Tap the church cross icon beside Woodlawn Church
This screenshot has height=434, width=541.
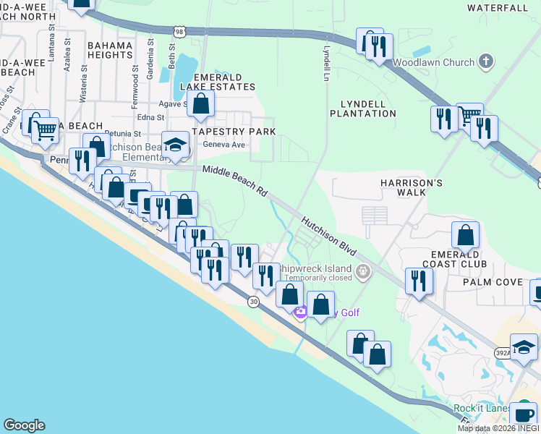tap(487, 61)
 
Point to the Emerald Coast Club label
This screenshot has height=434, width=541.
tap(461, 259)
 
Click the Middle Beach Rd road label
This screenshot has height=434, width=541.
tap(235, 182)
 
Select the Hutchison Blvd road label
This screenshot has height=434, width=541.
tap(329, 236)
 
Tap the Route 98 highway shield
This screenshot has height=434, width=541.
tap(180, 31)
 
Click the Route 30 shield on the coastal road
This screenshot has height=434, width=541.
tap(253, 301)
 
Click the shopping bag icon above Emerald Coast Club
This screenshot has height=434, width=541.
tap(465, 236)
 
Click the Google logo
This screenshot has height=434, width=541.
tap(24, 425)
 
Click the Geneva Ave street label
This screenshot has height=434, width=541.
tap(225, 145)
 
